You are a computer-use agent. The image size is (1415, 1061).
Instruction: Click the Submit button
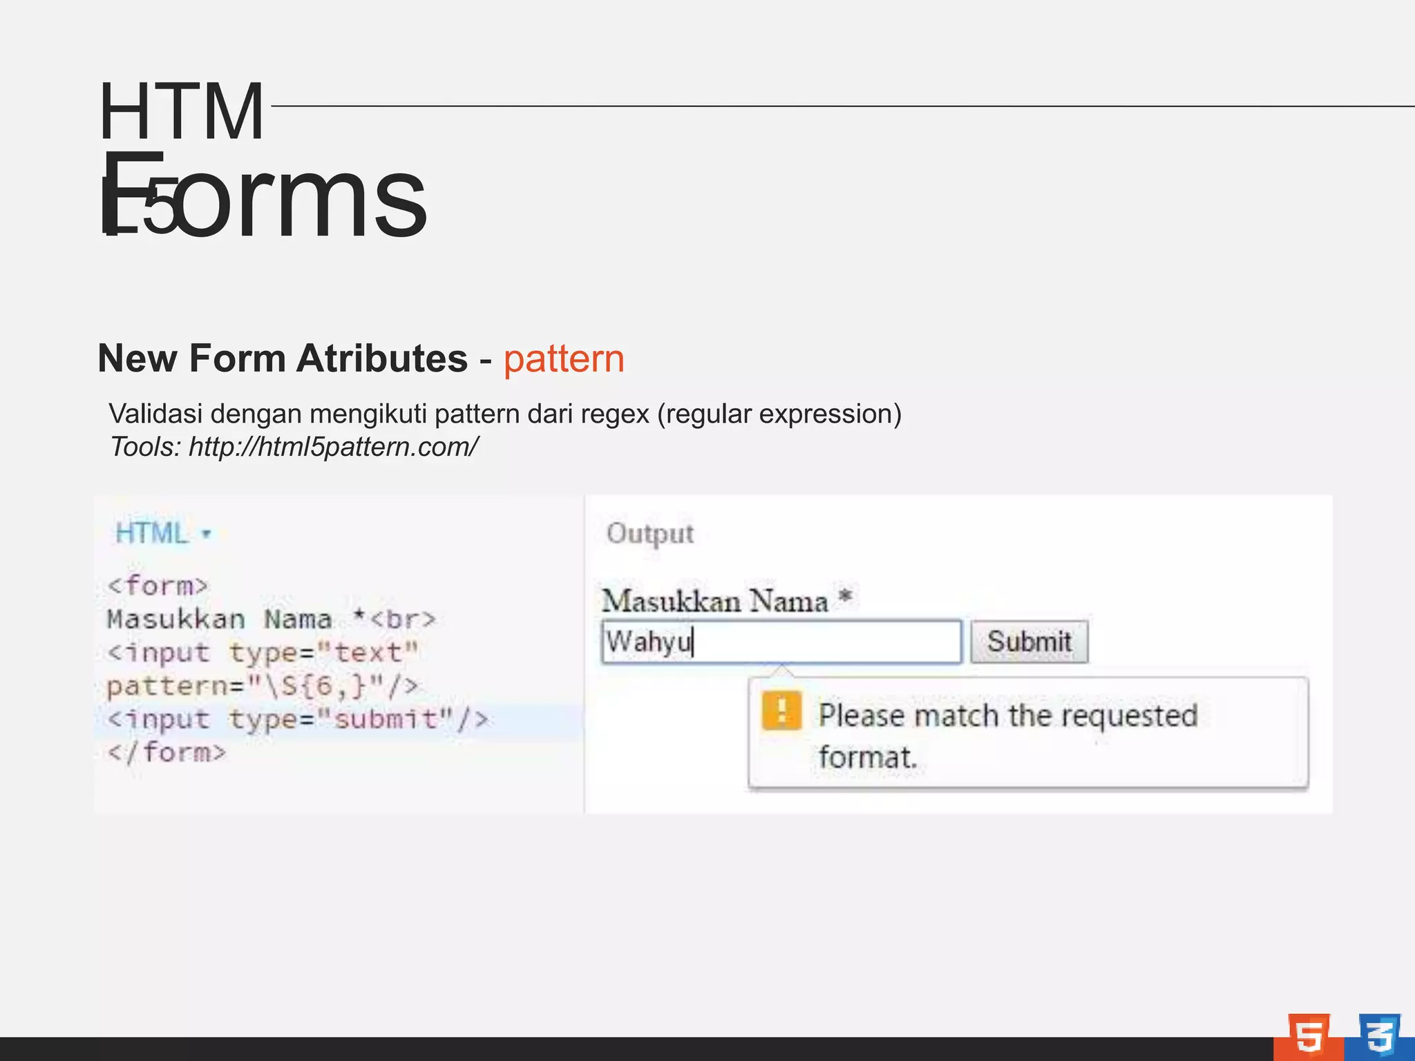click(1029, 642)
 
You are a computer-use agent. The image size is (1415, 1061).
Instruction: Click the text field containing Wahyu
click(781, 642)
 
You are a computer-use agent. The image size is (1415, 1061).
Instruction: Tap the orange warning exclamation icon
click(781, 711)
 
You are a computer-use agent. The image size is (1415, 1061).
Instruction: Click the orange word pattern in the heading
click(564, 359)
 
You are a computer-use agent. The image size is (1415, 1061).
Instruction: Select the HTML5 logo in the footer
click(1308, 1035)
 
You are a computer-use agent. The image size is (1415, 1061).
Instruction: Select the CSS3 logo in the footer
click(1379, 1035)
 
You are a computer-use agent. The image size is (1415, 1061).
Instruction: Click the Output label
click(649, 534)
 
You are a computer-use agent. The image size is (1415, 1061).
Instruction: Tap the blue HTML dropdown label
click(152, 533)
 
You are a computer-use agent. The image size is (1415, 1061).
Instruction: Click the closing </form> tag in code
click(167, 752)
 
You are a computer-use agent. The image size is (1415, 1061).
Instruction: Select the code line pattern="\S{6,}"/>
click(263, 687)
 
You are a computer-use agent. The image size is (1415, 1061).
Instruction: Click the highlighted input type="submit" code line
click(297, 720)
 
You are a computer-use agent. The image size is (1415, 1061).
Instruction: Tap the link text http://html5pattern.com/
click(333, 447)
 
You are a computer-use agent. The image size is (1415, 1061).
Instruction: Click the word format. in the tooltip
click(868, 758)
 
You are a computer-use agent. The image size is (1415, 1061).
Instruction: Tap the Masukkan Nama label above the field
click(715, 601)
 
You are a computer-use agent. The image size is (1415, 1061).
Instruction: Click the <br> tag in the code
click(403, 620)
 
